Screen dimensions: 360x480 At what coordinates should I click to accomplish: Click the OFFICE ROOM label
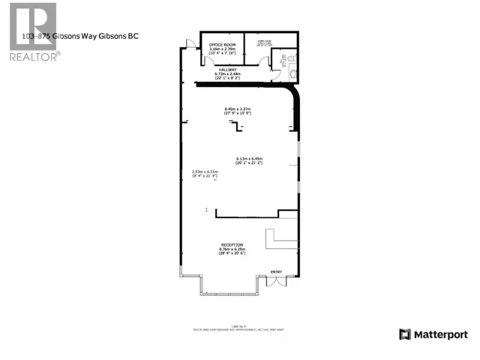[223, 45]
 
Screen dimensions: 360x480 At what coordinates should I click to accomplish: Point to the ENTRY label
[277, 271]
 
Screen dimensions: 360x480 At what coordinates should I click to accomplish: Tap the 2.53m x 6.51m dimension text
[205, 171]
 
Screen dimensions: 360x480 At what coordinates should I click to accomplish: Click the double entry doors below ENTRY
[277, 280]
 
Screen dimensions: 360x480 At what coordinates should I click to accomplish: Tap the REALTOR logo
[33, 31]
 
